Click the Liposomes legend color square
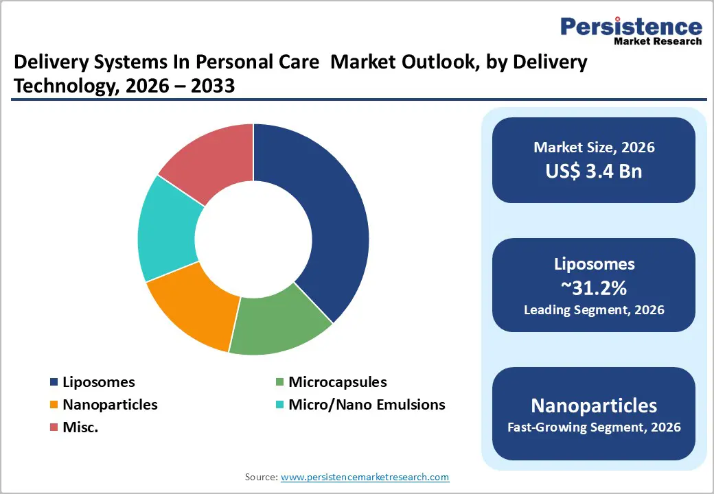tap(54, 382)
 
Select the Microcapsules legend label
tap(337, 382)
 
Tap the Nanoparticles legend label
tap(110, 405)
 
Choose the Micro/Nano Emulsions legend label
tap(367, 405)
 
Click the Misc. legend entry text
tap(80, 427)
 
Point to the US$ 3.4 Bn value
tap(594, 171)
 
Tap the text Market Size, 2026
tap(594, 148)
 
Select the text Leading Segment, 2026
tap(594, 310)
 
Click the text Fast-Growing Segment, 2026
tap(594, 427)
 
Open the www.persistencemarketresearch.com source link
tap(365, 477)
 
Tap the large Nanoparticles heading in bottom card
tap(594, 405)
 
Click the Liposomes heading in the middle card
tap(594, 264)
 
